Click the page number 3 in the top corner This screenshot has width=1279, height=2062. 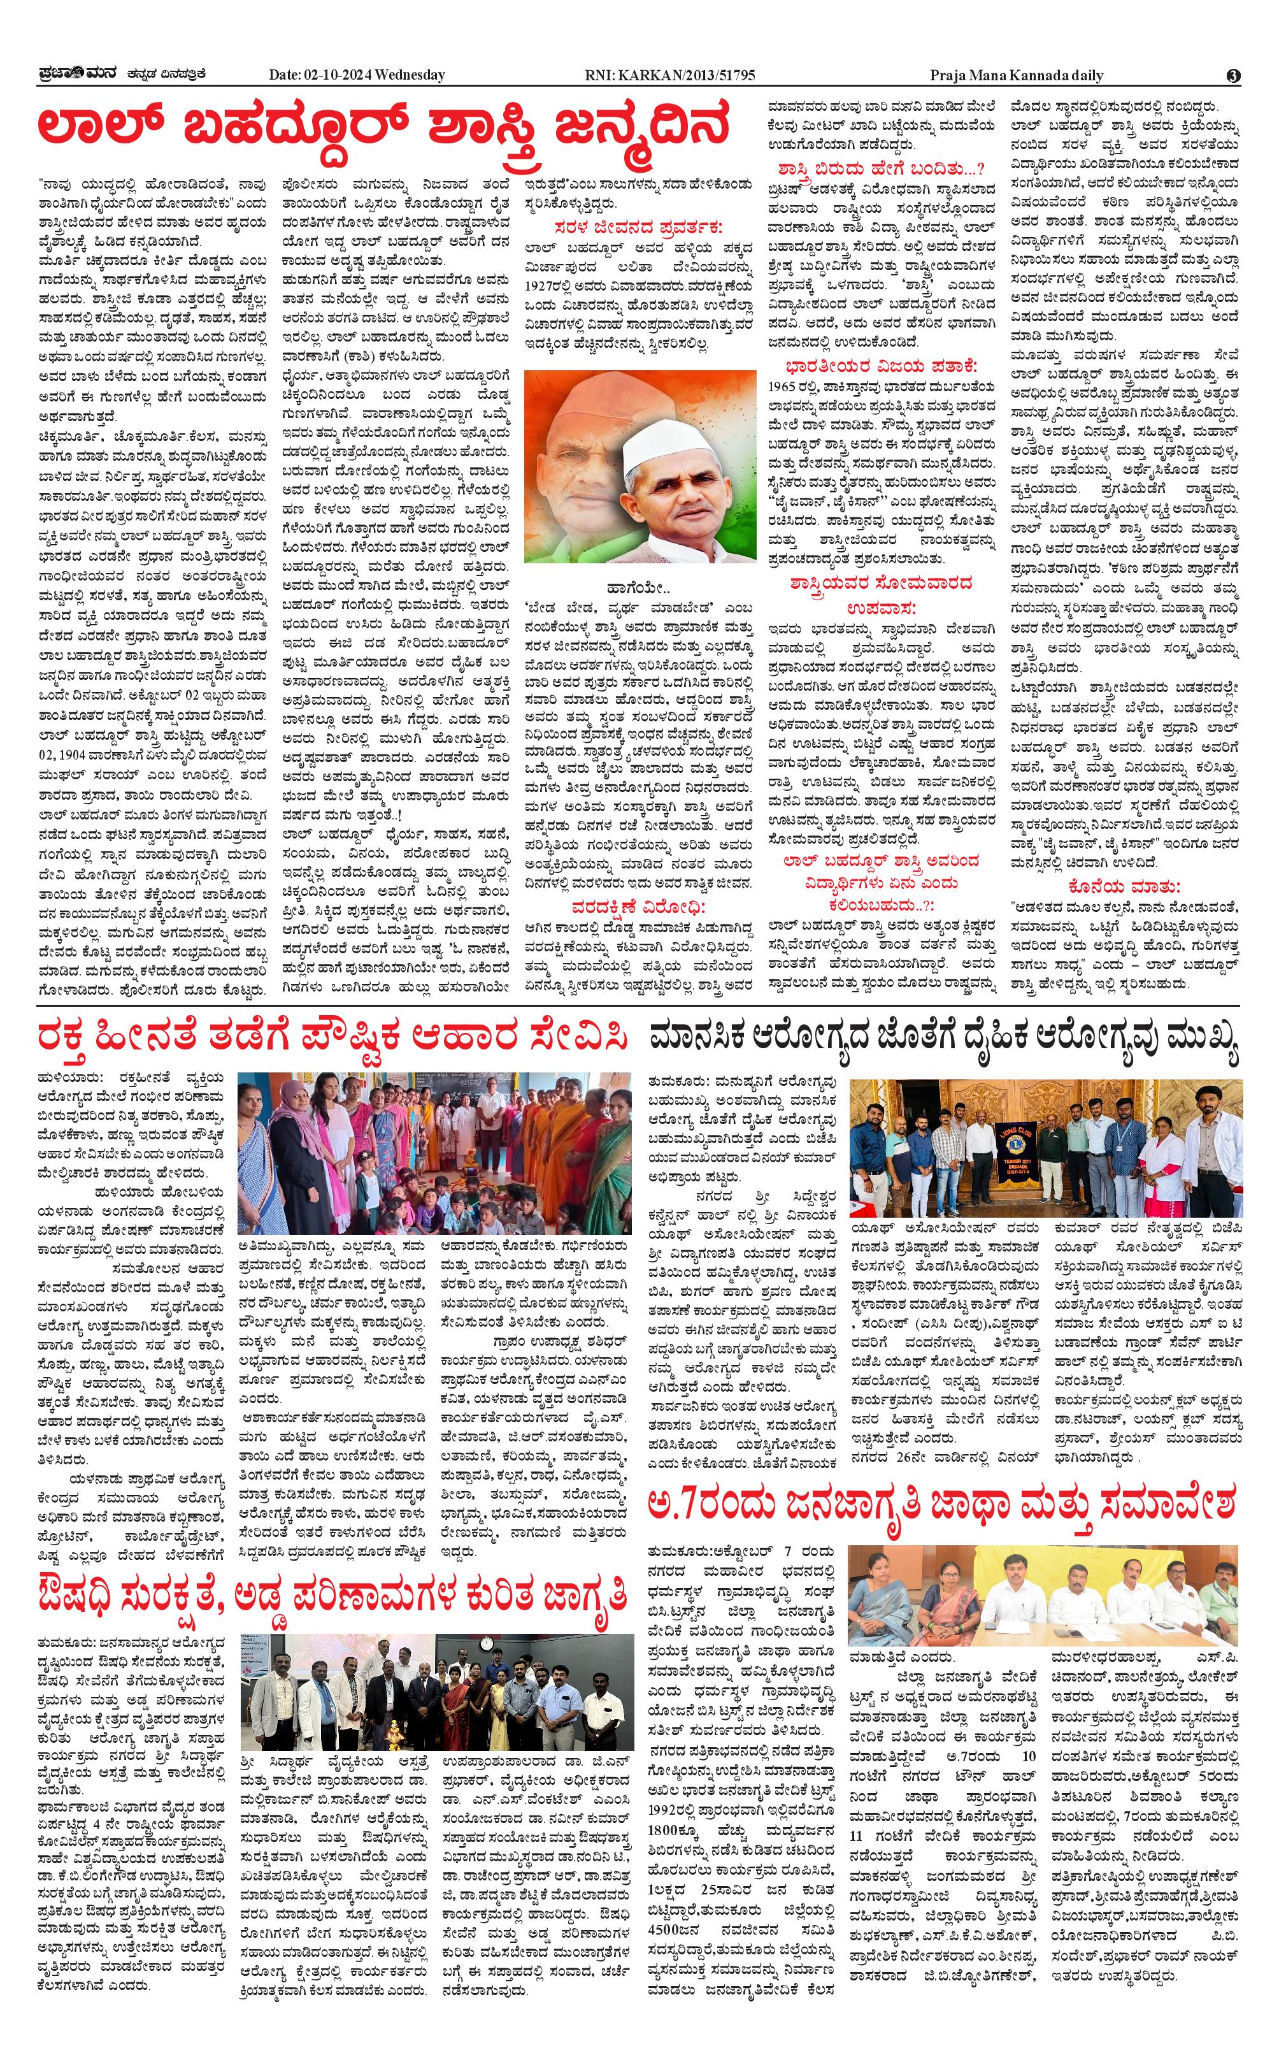[1233, 75]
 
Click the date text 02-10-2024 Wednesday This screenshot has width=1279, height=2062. [356, 75]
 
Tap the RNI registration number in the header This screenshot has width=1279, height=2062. [670, 75]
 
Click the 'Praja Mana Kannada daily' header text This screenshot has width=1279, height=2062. [1016, 75]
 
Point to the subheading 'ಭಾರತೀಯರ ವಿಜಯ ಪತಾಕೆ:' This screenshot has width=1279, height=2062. [880, 366]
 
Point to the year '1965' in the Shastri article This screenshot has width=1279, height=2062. [782, 387]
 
